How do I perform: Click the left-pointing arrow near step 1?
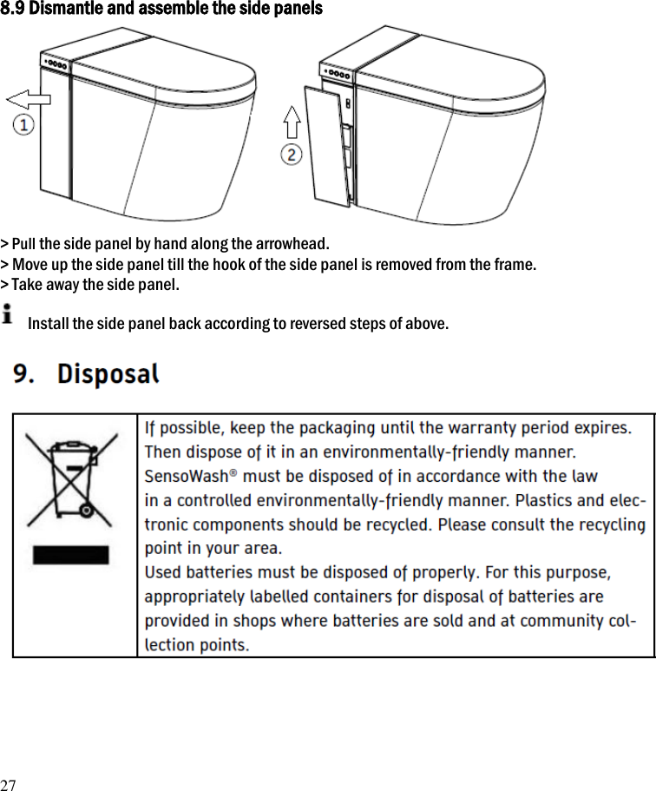[x=28, y=97]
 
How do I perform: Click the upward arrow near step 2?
[x=292, y=122]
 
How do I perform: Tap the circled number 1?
[x=23, y=126]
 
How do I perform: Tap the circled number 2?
[x=292, y=155]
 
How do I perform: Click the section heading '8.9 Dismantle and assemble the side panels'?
[x=161, y=10]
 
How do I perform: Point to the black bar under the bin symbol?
[x=71, y=554]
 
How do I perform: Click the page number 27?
[x=8, y=784]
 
